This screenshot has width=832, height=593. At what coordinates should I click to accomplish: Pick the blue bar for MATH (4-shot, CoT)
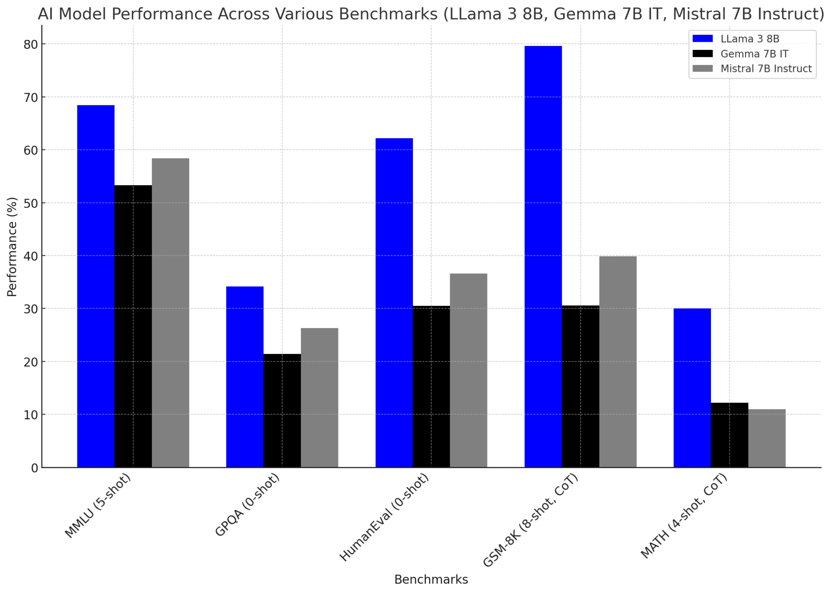pos(692,388)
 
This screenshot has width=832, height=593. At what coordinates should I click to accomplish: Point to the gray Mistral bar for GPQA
pos(319,398)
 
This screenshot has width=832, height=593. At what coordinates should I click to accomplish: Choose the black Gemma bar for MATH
pos(730,435)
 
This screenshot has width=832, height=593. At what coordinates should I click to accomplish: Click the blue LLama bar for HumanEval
pos(394,303)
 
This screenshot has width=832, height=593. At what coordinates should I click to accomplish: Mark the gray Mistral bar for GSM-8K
pos(618,361)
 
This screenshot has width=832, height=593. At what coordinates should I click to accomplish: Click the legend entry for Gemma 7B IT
pos(754,54)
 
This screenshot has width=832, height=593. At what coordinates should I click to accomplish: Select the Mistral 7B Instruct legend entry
pos(766,69)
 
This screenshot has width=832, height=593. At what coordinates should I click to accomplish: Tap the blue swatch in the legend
pos(703,39)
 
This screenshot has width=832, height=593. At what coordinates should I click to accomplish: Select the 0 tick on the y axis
pos(35,468)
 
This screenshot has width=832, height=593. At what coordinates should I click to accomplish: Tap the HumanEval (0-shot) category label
pos(384,518)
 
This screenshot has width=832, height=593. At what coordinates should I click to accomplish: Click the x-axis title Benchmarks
pos(431,580)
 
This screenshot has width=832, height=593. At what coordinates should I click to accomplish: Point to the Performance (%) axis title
pos(12,247)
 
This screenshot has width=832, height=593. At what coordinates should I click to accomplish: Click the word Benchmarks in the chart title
pos(388,14)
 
